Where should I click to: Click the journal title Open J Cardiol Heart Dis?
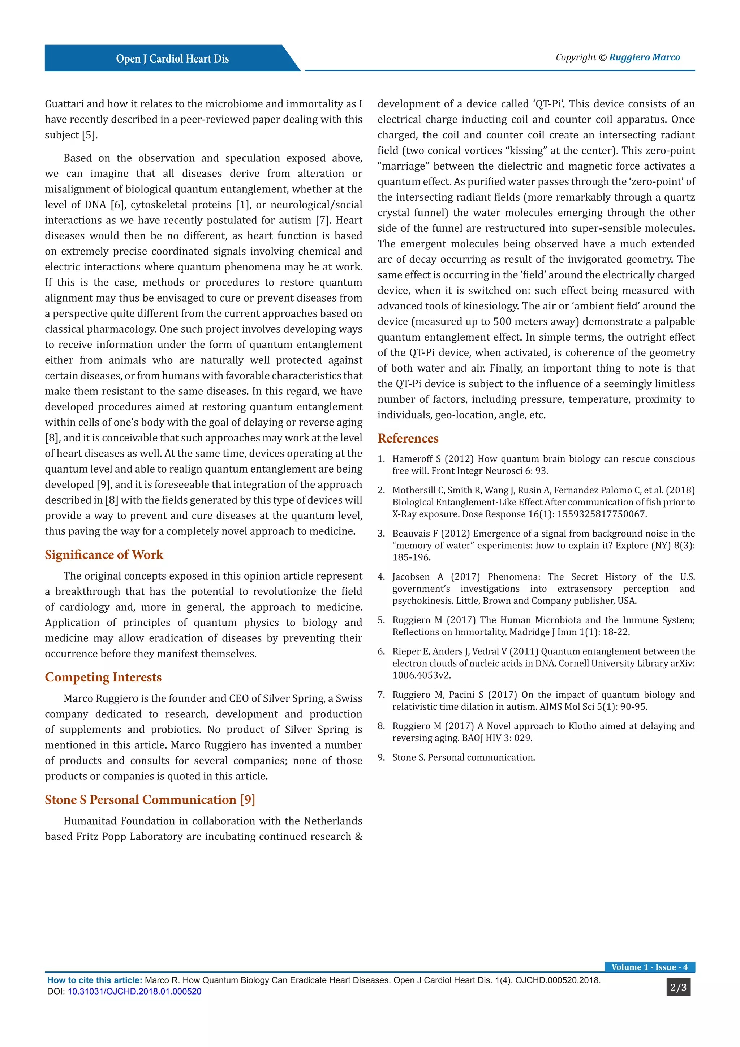pyautogui.click(x=172, y=59)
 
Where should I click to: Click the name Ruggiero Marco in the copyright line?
pyautogui.click(x=644, y=57)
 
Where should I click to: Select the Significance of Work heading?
pyautogui.click(x=104, y=555)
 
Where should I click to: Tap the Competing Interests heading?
pyautogui.click(x=103, y=677)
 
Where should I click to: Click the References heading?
pyautogui.click(x=408, y=438)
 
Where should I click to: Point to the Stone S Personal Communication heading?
pyautogui.click(x=150, y=800)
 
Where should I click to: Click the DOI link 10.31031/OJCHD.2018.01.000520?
pyautogui.click(x=134, y=991)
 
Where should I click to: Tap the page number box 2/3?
pyautogui.click(x=678, y=988)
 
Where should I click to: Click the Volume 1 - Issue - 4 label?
pyautogui.click(x=649, y=967)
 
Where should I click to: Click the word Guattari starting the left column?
pyautogui.click(x=64, y=104)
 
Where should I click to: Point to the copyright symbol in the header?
pyautogui.click(x=602, y=57)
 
